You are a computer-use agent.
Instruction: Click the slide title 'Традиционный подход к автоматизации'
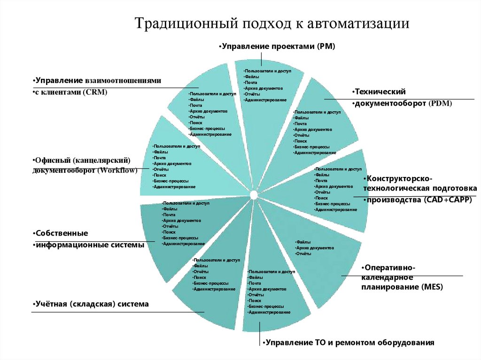pyautogui.click(x=273, y=23)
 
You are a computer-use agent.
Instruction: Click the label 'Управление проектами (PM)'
pyautogui.click(x=277, y=46)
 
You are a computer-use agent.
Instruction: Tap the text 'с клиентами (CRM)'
pyautogui.click(x=71, y=92)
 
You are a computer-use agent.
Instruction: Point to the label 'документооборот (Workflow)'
pyautogui.click(x=85, y=170)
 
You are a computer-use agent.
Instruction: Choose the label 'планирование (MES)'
pyautogui.click(x=402, y=286)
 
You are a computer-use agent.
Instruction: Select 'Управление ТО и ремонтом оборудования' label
pyautogui.click(x=348, y=342)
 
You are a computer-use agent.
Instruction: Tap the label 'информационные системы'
pyautogui.click(x=89, y=245)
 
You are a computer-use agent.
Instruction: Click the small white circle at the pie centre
pyautogui.click(x=254, y=194)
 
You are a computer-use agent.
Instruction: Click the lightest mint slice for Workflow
pyautogui.click(x=188, y=169)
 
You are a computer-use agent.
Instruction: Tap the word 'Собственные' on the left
pyautogui.click(x=62, y=233)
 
